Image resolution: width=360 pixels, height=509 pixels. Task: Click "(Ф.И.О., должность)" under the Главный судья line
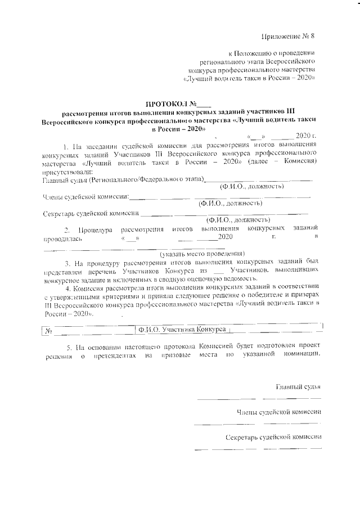(251, 186)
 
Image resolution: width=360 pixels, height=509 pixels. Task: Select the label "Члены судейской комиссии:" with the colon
(86, 196)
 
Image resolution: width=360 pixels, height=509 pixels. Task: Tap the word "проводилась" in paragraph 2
(63, 238)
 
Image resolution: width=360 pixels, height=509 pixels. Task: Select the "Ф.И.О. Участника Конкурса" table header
(182, 330)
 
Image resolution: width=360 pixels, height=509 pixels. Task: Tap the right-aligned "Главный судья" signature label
(298, 387)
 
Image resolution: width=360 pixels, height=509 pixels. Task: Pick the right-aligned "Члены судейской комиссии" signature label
(278, 412)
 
